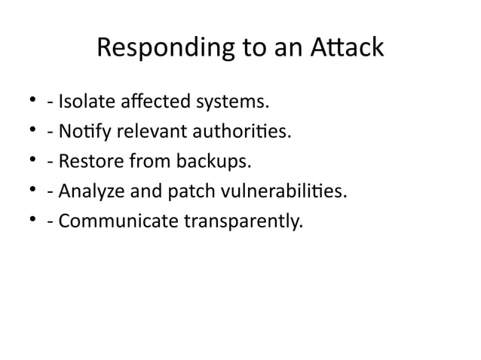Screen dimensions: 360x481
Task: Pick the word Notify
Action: coord(81,133)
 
